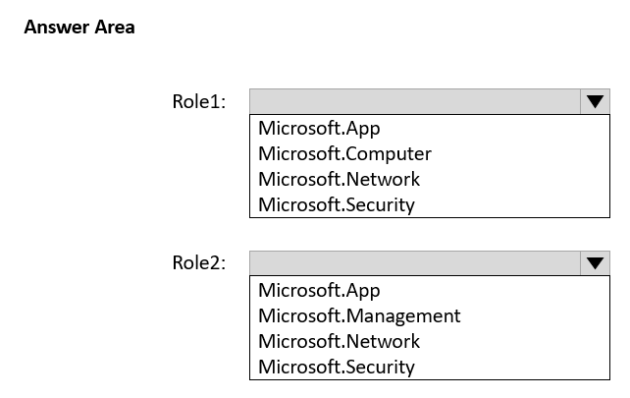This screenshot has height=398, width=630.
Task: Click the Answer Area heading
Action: [79, 28]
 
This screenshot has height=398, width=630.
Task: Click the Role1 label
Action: [199, 101]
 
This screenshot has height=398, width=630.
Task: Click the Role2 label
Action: [199, 262]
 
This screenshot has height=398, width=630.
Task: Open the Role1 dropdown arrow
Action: [595, 101]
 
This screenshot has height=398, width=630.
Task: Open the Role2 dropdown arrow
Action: [595, 263]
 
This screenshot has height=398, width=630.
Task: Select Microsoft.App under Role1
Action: [319, 129]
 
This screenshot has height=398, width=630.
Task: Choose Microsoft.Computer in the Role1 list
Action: [344, 153]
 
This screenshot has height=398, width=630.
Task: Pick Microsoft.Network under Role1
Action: [340, 179]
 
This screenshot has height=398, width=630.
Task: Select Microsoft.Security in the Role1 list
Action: [337, 204]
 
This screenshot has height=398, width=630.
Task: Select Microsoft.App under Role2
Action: [319, 291]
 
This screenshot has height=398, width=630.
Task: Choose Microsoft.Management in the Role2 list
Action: [359, 315]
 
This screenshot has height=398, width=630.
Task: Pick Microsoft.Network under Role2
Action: [340, 341]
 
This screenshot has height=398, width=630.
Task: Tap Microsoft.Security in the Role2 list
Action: [337, 367]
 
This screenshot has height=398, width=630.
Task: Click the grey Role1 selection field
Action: [415, 101]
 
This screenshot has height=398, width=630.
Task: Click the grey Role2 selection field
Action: [415, 263]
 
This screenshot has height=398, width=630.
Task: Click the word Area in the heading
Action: [115, 28]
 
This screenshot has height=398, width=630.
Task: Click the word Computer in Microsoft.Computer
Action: [389, 153]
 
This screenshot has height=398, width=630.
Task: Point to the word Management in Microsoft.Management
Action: [403, 315]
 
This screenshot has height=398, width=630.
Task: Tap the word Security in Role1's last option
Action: [380, 204]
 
